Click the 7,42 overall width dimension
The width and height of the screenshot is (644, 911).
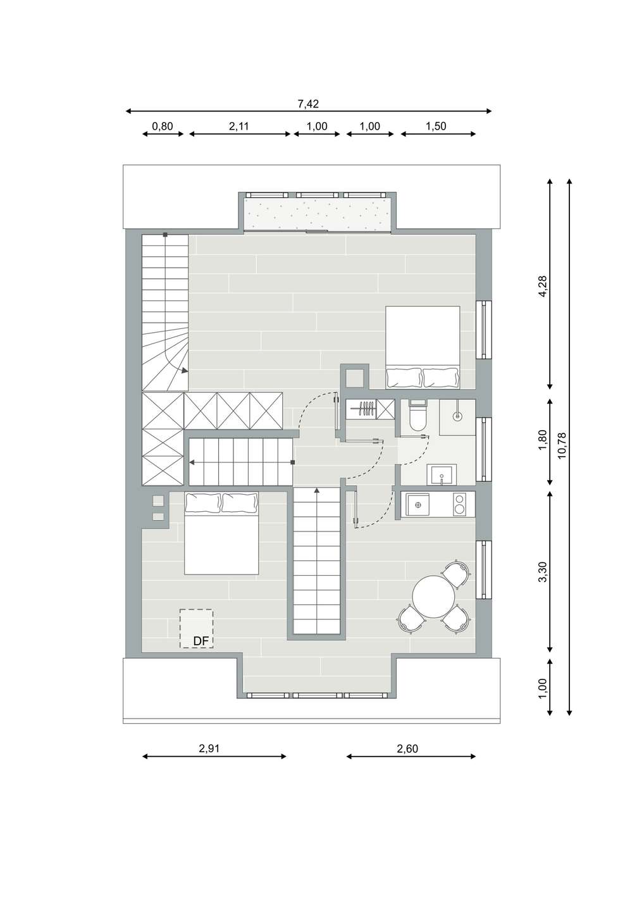pos(308,104)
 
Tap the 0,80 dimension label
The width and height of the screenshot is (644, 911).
pos(162,127)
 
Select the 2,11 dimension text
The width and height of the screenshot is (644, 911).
pos(238,127)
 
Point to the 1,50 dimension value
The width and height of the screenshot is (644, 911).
pos(436,127)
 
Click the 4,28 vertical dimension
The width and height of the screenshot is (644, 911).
pos(543,287)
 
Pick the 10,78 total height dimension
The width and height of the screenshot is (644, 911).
pos(562,446)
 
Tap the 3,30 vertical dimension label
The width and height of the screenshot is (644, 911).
pos(543,572)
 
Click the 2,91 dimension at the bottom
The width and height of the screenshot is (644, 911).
pos(209,748)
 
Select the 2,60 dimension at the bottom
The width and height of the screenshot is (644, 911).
pos(407,748)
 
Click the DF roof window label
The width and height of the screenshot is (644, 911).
pos(201,641)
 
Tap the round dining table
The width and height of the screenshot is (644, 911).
pos(433,597)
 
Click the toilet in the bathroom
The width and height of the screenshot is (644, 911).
pos(417,415)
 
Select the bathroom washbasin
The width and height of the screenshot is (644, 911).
pos(442,474)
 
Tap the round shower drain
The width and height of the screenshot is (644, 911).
pos(458,416)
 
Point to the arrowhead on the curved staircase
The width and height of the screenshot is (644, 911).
pos(185,371)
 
